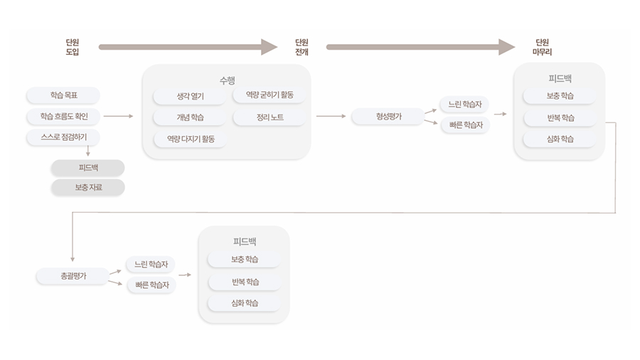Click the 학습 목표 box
coord(63,95)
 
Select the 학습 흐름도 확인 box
coord(63,116)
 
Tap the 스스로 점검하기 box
coord(63,137)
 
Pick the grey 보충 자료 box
coord(87,187)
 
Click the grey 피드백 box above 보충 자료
coord(87,168)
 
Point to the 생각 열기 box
coord(190,96)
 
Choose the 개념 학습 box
coord(190,117)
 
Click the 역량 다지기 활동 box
coord(190,139)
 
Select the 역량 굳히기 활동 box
coord(269,95)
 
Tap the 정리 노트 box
coord(269,117)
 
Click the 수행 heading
coord(227,79)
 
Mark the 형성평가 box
coord(388,116)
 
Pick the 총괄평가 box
coord(72,275)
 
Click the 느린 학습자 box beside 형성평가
coord(464,105)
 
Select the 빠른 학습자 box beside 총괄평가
coord(151,285)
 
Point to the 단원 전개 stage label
coord(302,47)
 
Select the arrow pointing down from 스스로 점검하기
coord(87,151)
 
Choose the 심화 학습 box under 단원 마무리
coord(560,139)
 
